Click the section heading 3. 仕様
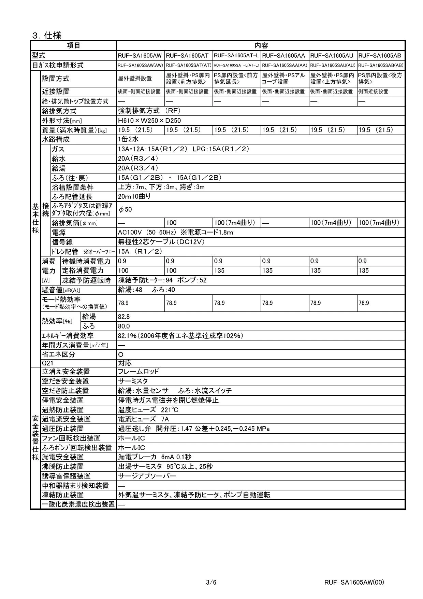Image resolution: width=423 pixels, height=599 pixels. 47,35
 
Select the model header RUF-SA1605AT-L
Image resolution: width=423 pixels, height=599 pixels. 237,56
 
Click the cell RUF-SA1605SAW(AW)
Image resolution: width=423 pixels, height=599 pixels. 140,65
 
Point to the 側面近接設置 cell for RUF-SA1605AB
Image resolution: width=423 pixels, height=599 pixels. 373,91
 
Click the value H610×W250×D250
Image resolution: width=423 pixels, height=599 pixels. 149,120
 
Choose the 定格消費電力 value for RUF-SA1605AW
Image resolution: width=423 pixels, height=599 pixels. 123,270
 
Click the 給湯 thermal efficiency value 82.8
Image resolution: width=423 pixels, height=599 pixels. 124,317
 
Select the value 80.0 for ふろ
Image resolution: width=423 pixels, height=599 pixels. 124,326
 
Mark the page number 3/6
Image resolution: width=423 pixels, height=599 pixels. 211,582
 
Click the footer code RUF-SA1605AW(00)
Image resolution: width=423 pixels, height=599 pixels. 354,582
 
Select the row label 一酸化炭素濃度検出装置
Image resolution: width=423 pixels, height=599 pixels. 78,504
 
